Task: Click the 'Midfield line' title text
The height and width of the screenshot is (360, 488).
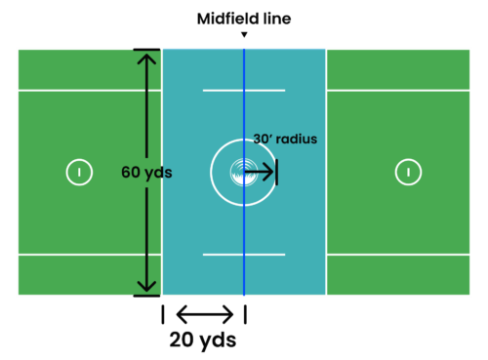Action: pyautogui.click(x=244, y=19)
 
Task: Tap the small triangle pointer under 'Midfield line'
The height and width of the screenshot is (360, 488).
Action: pyautogui.click(x=244, y=35)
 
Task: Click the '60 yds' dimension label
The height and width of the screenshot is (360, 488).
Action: pyautogui.click(x=147, y=172)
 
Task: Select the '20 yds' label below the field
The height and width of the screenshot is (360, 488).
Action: pyautogui.click(x=203, y=340)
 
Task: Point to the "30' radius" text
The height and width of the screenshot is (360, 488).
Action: pyautogui.click(x=285, y=139)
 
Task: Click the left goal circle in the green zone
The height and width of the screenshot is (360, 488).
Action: pyautogui.click(x=79, y=172)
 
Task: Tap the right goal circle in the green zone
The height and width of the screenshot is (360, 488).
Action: pyautogui.click(x=408, y=172)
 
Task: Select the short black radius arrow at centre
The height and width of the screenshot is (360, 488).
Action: pyautogui.click(x=259, y=173)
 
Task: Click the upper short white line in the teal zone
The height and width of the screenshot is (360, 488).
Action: pyautogui.click(x=244, y=91)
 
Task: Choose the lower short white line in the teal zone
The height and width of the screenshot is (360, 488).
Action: pyautogui.click(x=244, y=255)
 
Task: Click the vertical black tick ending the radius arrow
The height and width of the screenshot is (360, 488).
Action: pyautogui.click(x=277, y=173)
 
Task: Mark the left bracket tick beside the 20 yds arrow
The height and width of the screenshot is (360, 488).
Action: pyautogui.click(x=162, y=314)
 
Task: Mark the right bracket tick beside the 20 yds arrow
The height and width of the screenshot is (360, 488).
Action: pyautogui.click(x=244, y=314)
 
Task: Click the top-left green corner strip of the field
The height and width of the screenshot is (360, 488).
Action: pyautogui.click(x=88, y=68)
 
